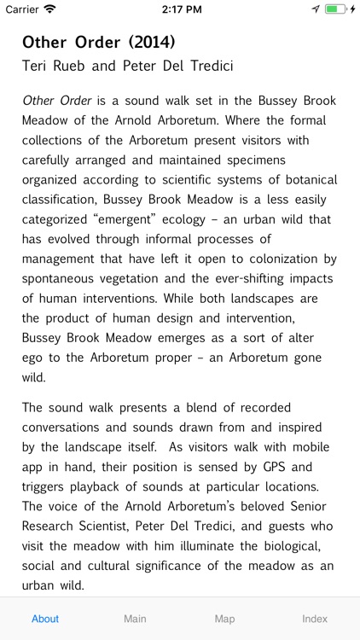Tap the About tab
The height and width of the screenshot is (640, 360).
(45, 619)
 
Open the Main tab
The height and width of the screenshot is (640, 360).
(135, 619)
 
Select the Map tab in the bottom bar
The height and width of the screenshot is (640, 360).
(224, 619)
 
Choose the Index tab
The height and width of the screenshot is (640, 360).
(315, 619)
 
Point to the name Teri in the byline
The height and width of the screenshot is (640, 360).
(38, 66)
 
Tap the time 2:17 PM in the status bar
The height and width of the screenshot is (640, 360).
(180, 9)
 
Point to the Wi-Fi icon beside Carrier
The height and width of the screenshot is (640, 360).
(49, 9)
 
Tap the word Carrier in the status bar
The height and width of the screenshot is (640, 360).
(22, 9)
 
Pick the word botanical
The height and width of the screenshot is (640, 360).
(301, 179)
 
